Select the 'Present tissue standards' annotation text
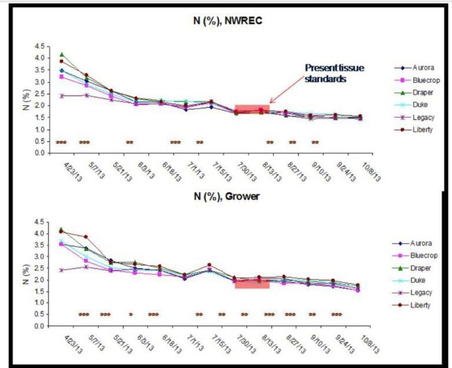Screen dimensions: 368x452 (334, 72)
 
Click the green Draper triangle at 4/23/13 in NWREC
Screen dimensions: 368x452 (62, 54)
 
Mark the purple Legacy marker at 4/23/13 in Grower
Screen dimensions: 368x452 (62, 270)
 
